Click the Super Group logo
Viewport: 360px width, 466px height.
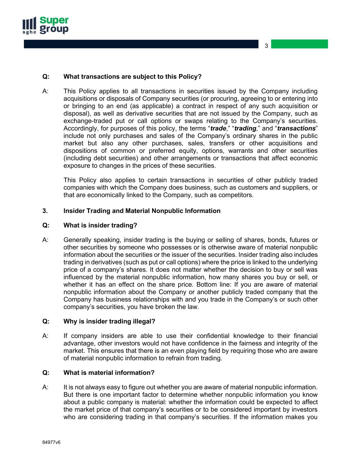coord(45,25)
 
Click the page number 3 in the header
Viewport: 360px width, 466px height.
coord(267,46)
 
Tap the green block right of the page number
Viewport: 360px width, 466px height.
coord(299,44)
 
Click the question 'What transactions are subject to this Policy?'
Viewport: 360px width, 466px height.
coord(132,76)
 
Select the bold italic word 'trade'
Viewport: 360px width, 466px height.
coord(218,128)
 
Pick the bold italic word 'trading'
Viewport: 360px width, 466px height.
coord(245,128)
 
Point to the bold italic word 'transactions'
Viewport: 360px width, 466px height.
coord(296,128)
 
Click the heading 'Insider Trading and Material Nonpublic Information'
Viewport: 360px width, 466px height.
coord(142,211)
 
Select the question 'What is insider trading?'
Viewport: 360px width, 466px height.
coord(100,225)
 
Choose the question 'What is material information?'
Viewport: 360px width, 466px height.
coord(109,372)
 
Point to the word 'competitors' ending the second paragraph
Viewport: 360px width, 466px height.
coord(236,195)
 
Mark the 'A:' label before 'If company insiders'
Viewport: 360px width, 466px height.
coord(45,336)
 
